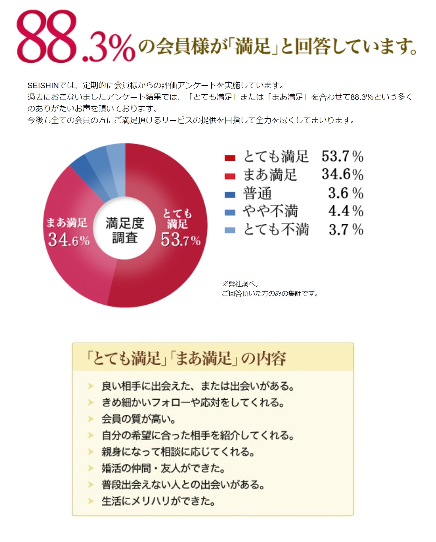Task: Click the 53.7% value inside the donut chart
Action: pyautogui.click(x=180, y=240)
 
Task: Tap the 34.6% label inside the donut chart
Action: pyautogui.click(x=69, y=240)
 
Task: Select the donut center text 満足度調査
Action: pyautogui.click(x=125, y=230)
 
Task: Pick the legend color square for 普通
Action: pyautogui.click(x=230, y=195)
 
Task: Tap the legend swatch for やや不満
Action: pyautogui.click(x=230, y=213)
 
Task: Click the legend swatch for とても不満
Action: pyautogui.click(x=230, y=230)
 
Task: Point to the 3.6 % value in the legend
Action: pyautogui.click(x=346, y=193)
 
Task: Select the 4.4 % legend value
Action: pyautogui.click(x=346, y=211)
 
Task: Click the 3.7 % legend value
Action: pyautogui.click(x=346, y=229)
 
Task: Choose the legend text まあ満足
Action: pyautogui.click(x=270, y=175)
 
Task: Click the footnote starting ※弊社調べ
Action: pyautogui.click(x=241, y=284)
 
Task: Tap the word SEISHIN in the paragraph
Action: pyautogui.click(x=43, y=85)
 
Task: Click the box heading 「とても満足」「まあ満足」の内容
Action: pyautogui.click(x=186, y=358)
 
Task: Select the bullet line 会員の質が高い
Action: pyautogui.click(x=138, y=419)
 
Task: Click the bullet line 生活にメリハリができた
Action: pyautogui.click(x=158, y=501)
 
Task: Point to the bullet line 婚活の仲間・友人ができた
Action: pyautogui.click(x=163, y=468)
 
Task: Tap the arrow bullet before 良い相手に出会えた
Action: pyautogui.click(x=90, y=386)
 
